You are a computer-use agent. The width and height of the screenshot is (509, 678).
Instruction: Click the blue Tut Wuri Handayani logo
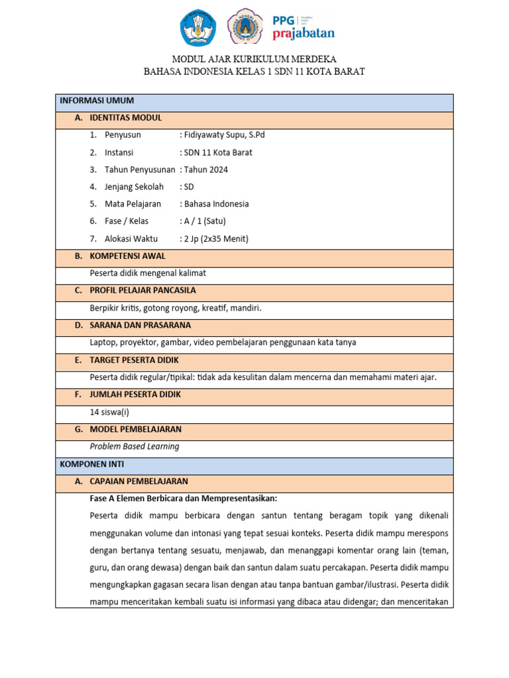pos(198,28)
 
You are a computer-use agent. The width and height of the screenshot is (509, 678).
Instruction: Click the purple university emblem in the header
pos(245,28)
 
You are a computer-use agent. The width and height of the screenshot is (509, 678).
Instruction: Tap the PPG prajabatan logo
pos(304,28)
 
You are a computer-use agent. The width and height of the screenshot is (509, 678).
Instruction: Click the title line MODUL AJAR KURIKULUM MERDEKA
pos(254,59)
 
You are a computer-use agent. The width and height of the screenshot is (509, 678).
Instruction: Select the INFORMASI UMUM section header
pos(97,101)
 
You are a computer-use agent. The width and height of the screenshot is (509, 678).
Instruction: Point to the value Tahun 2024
pos(205,169)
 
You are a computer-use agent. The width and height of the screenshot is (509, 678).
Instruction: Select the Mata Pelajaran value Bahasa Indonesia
pos(216,204)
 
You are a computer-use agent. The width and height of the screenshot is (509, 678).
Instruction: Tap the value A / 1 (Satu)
pos(207,221)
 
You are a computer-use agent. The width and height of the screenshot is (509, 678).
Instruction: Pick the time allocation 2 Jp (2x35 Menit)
pos(216,239)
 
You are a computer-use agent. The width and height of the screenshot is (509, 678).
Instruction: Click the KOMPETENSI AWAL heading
pos(127,256)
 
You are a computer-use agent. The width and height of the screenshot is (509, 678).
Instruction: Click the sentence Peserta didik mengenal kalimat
pos(152,273)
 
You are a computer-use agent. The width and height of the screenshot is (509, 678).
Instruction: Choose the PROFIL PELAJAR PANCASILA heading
pos(142,291)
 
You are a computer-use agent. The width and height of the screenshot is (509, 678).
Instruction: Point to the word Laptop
pos(103,342)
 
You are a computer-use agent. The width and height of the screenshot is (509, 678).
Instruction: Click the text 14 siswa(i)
pos(109,412)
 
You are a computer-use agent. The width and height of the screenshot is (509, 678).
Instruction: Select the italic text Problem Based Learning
pos(135,446)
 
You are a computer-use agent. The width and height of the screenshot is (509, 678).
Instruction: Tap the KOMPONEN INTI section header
pos(91,464)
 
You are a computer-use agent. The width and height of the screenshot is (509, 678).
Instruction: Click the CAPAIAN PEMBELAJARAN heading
pos(139,481)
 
